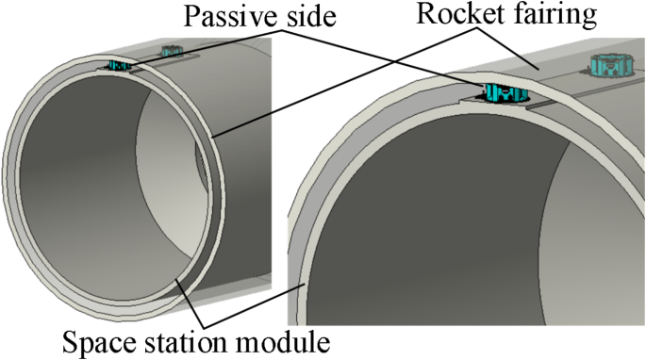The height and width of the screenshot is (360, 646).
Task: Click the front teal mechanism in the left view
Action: pos(118,65)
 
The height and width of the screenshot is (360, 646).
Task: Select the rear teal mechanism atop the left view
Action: pos(171,49)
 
